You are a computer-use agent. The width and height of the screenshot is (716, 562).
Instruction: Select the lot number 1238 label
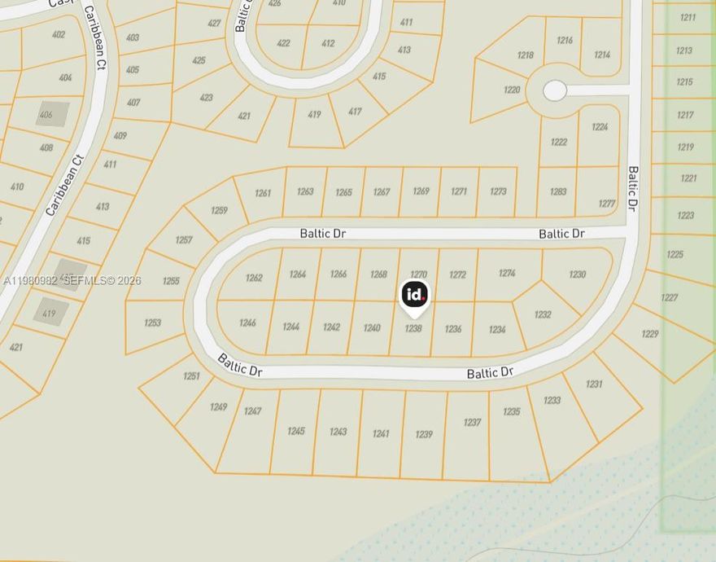pyautogui.click(x=413, y=328)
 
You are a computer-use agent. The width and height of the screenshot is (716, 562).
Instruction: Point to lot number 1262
pyautogui.click(x=254, y=278)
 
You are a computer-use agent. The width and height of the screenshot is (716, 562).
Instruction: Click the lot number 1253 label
pyautogui.click(x=152, y=323)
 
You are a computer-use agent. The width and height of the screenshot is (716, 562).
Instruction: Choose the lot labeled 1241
pyautogui.click(x=381, y=433)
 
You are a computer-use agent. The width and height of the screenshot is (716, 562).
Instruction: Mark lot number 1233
pyautogui.click(x=552, y=400)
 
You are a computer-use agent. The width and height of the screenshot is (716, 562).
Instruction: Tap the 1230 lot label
pyautogui.click(x=577, y=274)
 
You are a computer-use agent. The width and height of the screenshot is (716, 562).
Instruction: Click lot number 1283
pyautogui.click(x=558, y=192)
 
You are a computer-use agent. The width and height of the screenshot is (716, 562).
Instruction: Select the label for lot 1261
pyautogui.click(x=263, y=193)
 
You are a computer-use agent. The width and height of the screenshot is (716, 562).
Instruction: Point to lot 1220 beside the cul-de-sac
pyautogui.click(x=512, y=90)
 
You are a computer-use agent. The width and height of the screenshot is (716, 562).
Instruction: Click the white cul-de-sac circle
pyautogui.click(x=555, y=90)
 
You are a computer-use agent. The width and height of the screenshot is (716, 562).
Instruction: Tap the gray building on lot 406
pyautogui.click(x=52, y=114)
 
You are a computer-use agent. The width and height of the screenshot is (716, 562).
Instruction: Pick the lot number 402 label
pyautogui.click(x=59, y=34)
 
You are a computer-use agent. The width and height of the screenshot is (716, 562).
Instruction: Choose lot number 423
pyautogui.click(x=206, y=98)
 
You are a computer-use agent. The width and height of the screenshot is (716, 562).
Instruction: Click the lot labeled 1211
pyautogui.click(x=688, y=17)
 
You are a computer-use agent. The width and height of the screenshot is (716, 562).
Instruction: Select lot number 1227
pyautogui.click(x=669, y=297)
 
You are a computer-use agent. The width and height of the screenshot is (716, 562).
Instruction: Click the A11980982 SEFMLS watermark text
pyautogui.click(x=72, y=281)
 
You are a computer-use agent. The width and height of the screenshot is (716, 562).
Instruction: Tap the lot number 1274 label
pyautogui.click(x=507, y=274)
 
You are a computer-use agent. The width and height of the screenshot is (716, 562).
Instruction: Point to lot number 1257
pyautogui.click(x=184, y=239)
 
